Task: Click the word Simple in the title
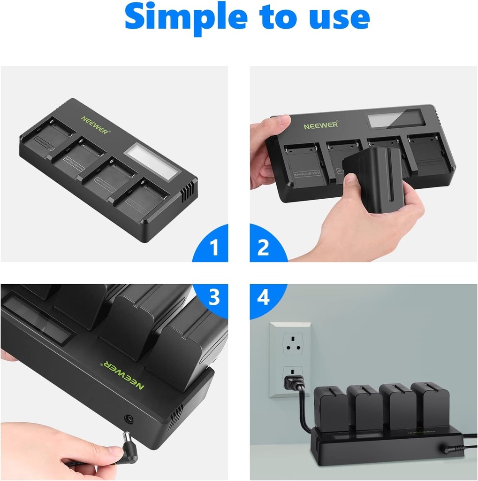[x=183, y=17]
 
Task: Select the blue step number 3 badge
[x=214, y=298]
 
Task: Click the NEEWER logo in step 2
[x=320, y=126]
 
